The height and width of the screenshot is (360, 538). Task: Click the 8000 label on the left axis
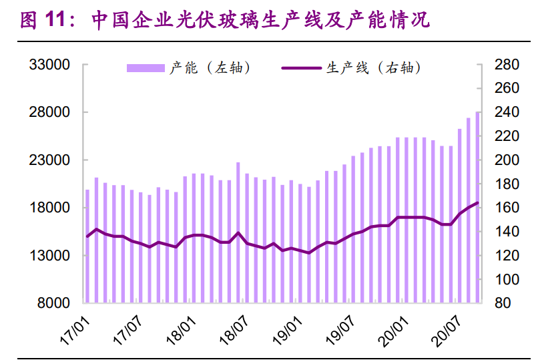(x=55, y=303)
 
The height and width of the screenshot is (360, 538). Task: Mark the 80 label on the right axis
(x=503, y=303)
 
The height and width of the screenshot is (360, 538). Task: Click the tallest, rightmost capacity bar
(x=477, y=207)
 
